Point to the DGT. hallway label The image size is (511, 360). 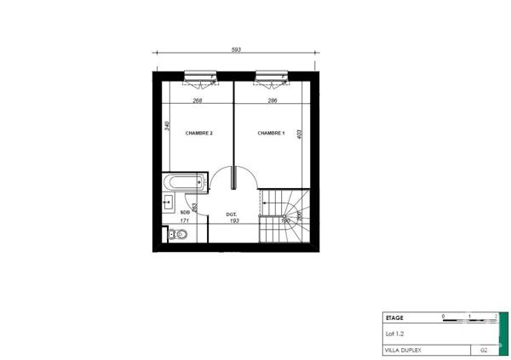pyautogui.click(x=231, y=214)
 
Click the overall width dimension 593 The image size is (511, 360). pyautogui.click(x=237, y=50)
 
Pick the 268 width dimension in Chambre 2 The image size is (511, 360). pyautogui.click(x=198, y=100)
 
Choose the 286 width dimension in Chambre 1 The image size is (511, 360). pyautogui.click(x=273, y=100)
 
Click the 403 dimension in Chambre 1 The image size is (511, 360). pyautogui.click(x=300, y=134)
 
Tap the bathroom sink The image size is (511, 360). pyautogui.click(x=167, y=202)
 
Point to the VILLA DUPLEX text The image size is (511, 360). pyautogui.click(x=405, y=349)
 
